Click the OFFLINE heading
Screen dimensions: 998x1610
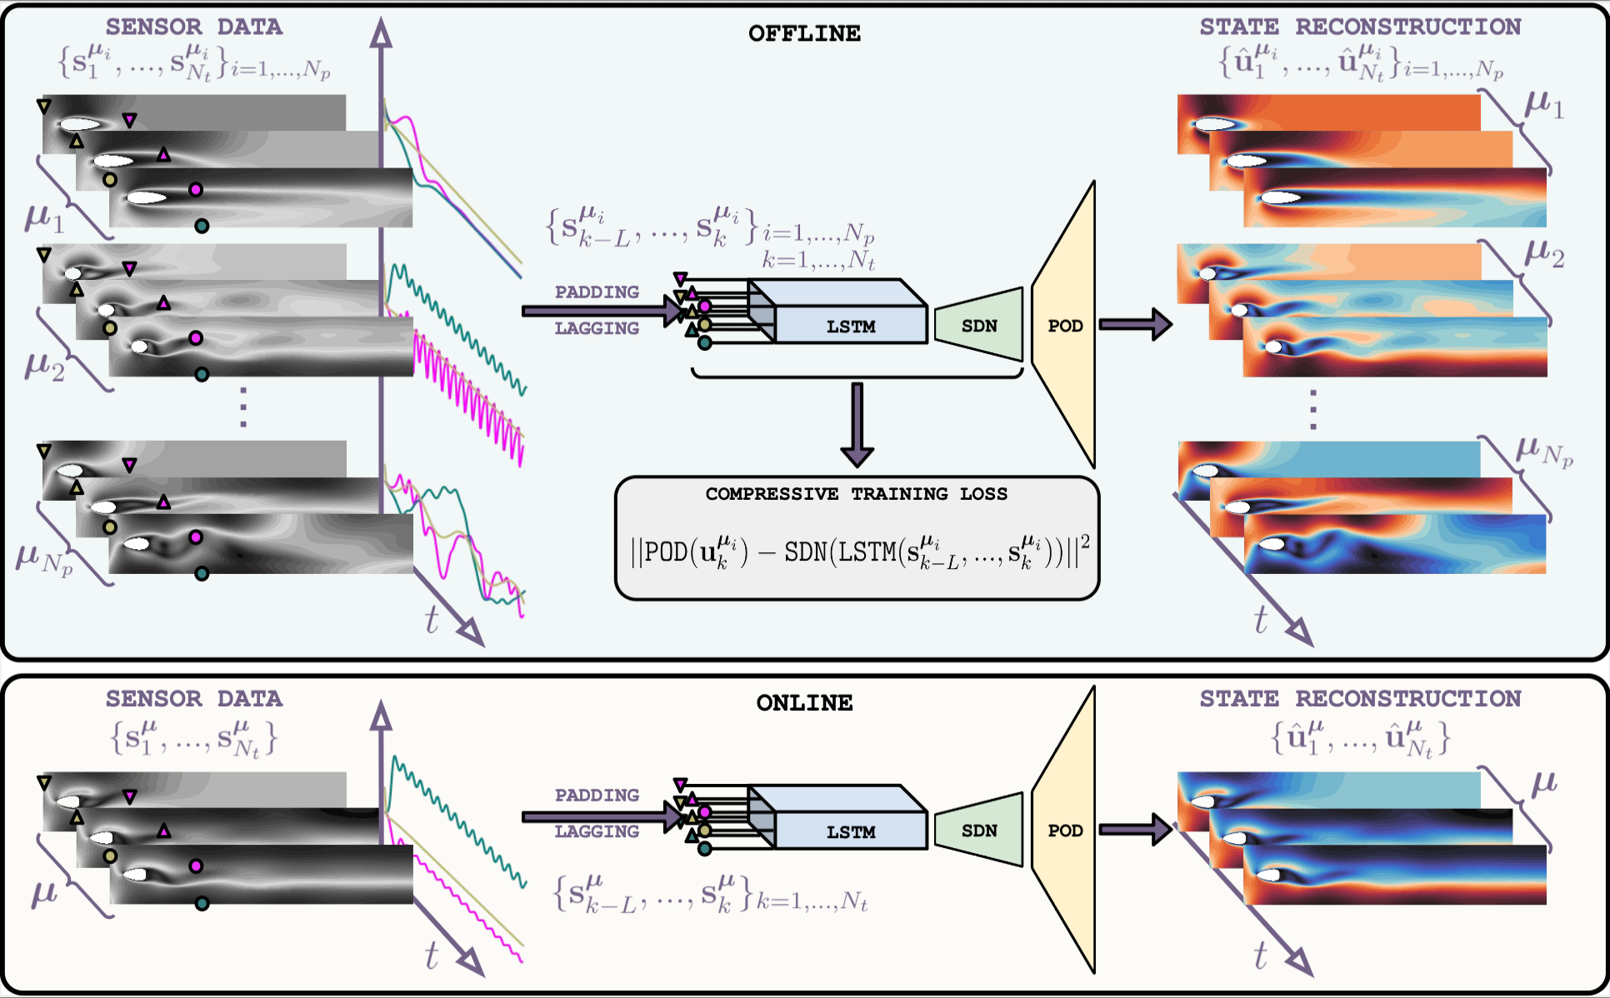pyautogui.click(x=804, y=34)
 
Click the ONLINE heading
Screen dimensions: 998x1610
pyautogui.click(x=804, y=703)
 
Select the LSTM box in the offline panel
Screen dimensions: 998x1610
pyautogui.click(x=850, y=325)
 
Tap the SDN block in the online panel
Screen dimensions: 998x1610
pyautogui.click(x=979, y=831)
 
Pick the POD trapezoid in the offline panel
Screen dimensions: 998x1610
pyautogui.click(x=1064, y=326)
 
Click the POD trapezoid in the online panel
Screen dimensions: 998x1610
pyautogui.click(x=1064, y=831)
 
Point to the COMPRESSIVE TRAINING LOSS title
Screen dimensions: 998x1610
pyautogui.click(x=856, y=494)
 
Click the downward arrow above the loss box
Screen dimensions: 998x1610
pyautogui.click(x=857, y=424)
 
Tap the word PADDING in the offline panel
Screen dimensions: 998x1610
pyautogui.click(x=597, y=292)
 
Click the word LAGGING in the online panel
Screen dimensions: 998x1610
pyautogui.click(x=597, y=831)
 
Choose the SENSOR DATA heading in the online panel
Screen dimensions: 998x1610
pyautogui.click(x=193, y=699)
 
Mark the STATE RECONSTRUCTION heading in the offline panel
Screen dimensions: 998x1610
pyautogui.click(x=1360, y=27)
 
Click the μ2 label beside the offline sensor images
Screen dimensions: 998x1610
pyautogui.click(x=44, y=366)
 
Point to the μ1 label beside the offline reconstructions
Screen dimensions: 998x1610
pyautogui.click(x=1543, y=106)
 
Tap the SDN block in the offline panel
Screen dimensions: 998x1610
pyautogui.click(x=979, y=326)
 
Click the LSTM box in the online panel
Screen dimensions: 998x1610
pyautogui.click(x=850, y=831)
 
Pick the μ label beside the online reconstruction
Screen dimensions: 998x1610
pyautogui.click(x=1544, y=783)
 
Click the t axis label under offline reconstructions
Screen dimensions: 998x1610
pyautogui.click(x=1260, y=621)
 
